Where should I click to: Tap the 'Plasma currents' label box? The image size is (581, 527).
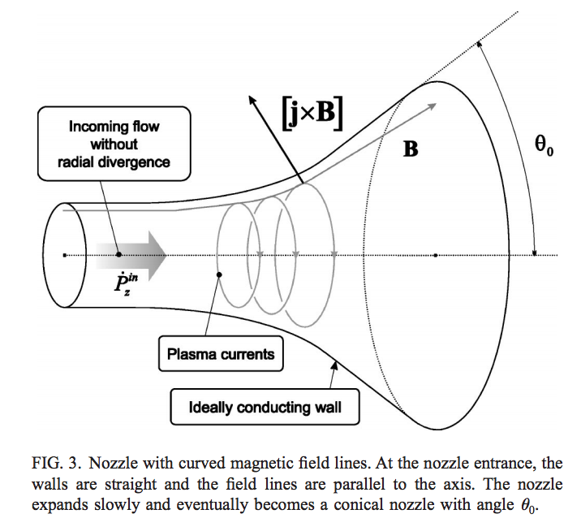click(x=221, y=354)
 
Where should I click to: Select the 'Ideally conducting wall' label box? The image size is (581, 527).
click(x=265, y=407)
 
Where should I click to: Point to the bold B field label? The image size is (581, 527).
click(x=411, y=149)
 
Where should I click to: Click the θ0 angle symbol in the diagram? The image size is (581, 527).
click(x=543, y=149)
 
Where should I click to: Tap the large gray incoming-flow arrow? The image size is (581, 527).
click(x=130, y=254)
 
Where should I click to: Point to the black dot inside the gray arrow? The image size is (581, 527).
click(x=119, y=254)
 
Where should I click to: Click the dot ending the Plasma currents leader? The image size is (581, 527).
click(x=219, y=276)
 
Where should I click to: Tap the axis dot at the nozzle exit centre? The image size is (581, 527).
click(x=436, y=255)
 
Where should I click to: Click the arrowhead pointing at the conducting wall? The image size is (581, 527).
click(x=334, y=367)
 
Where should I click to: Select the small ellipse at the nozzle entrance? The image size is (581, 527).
click(x=66, y=255)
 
